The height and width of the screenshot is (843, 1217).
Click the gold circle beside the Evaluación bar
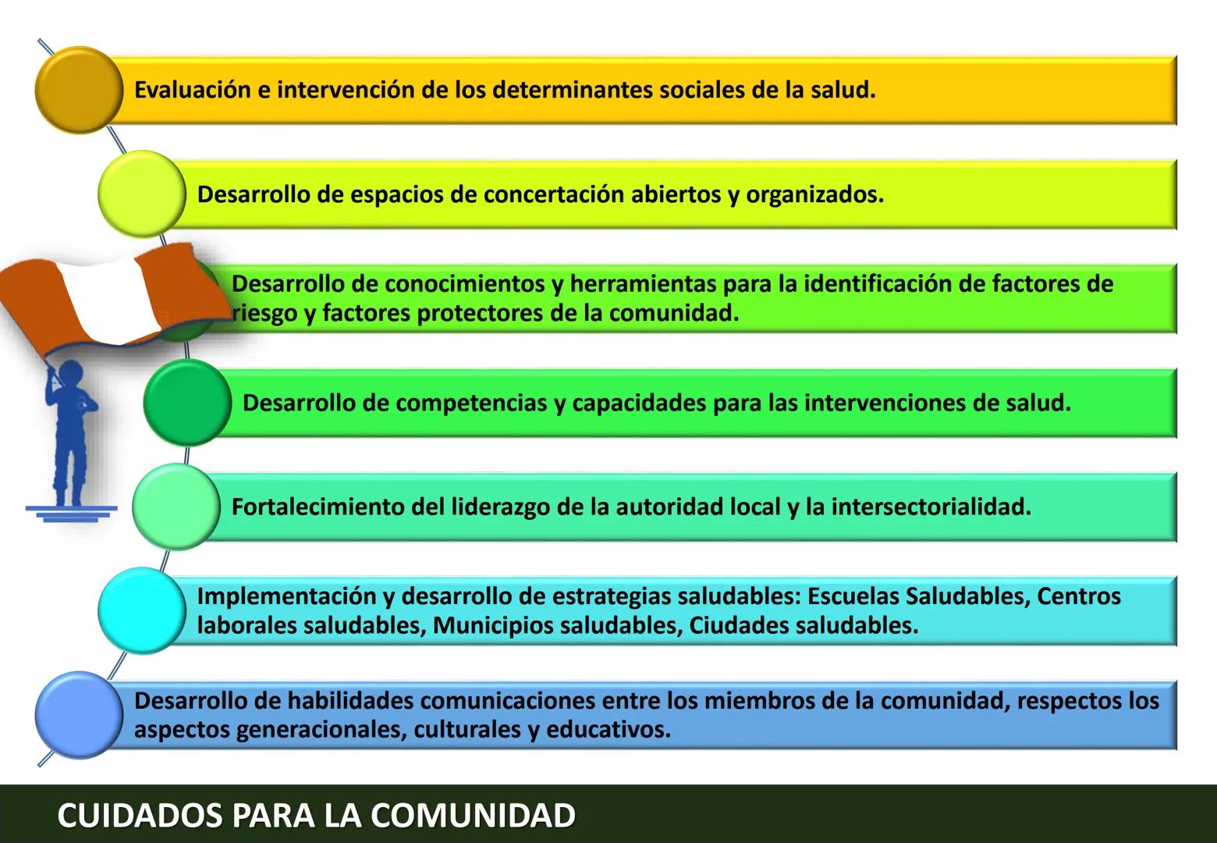[79, 90]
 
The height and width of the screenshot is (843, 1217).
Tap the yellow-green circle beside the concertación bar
[142, 194]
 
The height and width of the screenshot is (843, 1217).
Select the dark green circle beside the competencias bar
[187, 403]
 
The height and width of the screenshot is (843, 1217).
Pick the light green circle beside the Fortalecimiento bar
[176, 507]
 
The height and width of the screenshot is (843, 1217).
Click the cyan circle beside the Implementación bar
[142, 612]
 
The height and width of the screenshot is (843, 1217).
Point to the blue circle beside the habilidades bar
[79, 716]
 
